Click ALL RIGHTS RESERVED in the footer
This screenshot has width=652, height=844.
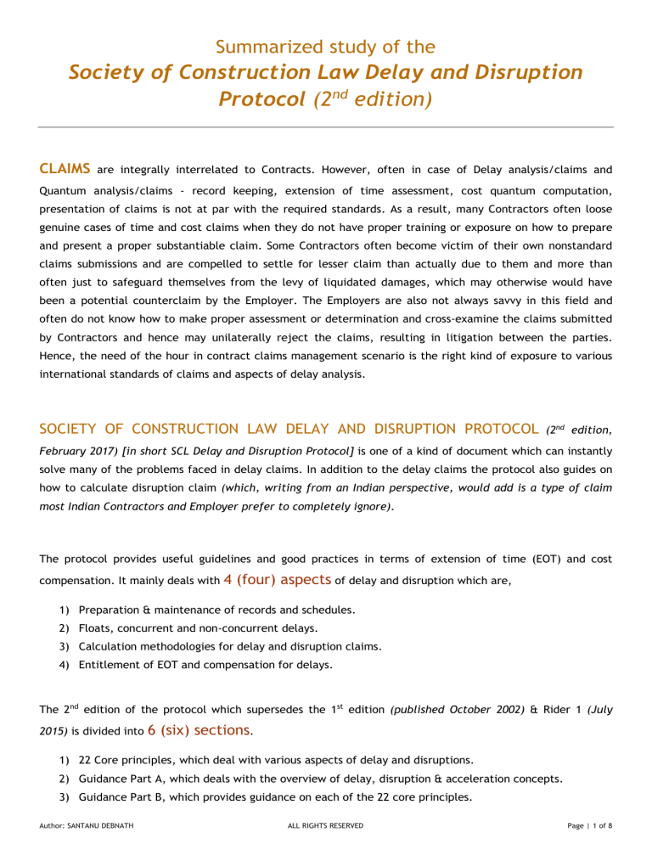point(326,824)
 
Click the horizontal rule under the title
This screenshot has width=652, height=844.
point(326,127)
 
